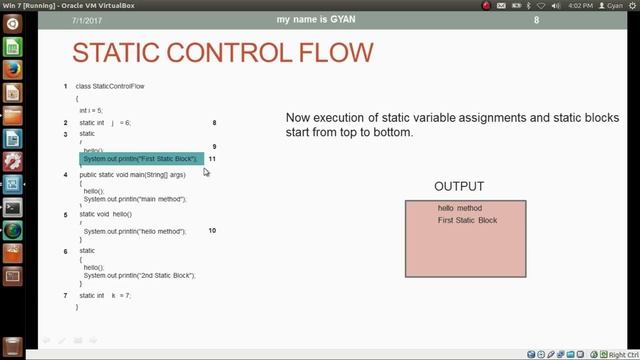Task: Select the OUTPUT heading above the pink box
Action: [459, 187]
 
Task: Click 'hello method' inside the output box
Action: [460, 208]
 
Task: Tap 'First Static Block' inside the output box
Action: [467, 220]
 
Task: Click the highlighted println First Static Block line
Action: [141, 159]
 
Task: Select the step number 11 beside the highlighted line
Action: [212, 159]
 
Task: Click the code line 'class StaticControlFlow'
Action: [110, 86]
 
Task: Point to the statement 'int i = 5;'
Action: [91, 110]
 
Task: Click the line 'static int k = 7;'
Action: [105, 295]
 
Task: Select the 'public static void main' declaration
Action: [133, 174]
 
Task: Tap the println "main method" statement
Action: [135, 198]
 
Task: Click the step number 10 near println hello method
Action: [212, 231]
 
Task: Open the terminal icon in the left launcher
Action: [13, 208]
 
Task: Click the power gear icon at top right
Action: [630, 5]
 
